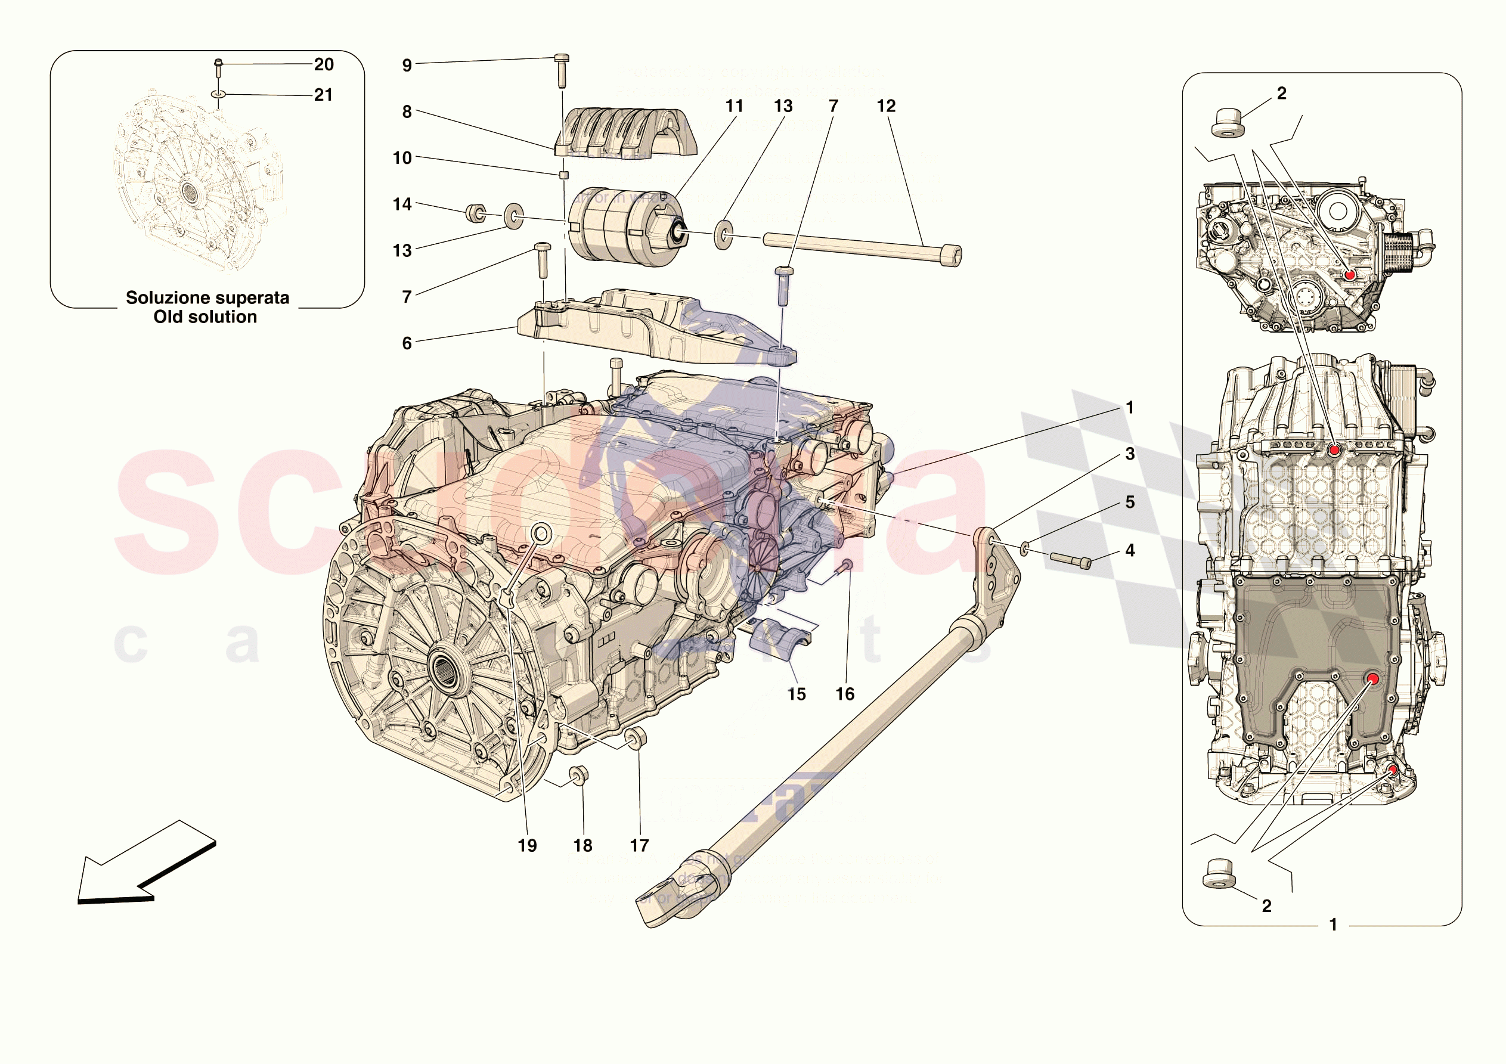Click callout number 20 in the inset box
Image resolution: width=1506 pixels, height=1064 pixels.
(323, 64)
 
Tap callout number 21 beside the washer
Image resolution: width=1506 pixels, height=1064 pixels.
(323, 95)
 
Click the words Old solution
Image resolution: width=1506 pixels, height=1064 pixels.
(205, 317)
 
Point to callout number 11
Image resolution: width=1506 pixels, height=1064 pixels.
(734, 106)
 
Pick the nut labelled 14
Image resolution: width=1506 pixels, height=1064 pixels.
(476, 213)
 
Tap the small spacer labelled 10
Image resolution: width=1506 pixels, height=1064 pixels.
(563, 175)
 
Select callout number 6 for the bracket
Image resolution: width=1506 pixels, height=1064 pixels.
(407, 343)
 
